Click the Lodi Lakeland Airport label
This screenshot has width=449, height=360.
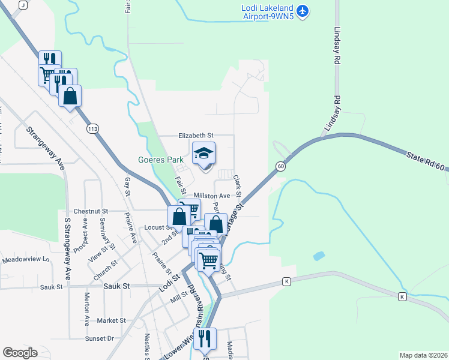pos(267,12)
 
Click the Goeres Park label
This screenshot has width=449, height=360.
pos(160,160)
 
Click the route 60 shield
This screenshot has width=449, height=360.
pos(280,166)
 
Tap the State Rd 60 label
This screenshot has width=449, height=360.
pos(427,163)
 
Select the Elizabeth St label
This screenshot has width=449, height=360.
pos(195,136)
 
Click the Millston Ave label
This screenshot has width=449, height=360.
pos(212,196)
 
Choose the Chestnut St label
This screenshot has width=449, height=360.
pos(90,211)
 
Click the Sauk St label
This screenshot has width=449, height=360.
pos(116,287)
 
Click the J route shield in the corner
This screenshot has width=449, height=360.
pos(23,5)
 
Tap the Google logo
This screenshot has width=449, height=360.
pos(20,353)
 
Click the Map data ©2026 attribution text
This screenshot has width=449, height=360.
pos(423,355)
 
